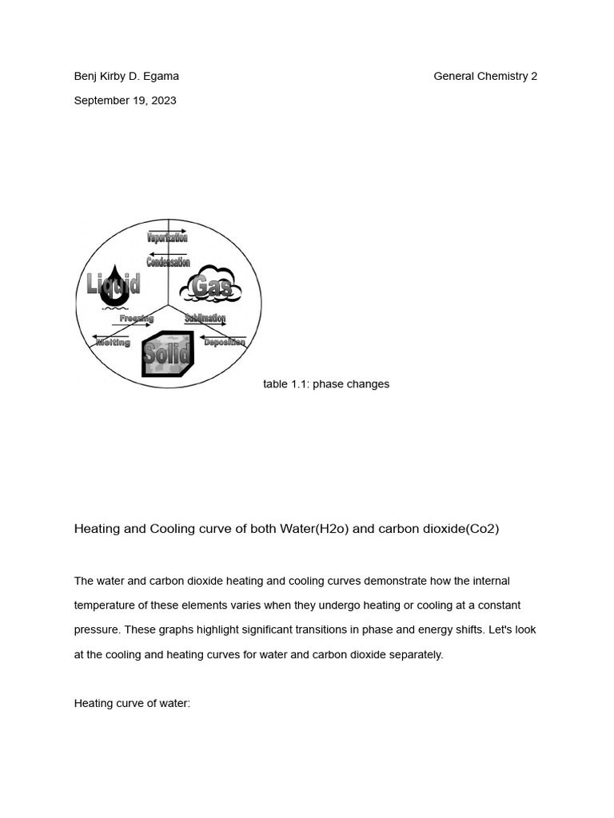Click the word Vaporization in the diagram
coord(167,238)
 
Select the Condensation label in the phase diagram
coord(168,263)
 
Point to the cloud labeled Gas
coord(211,286)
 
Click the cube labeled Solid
coord(167,352)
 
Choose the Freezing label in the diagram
coord(136,318)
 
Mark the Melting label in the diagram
coord(113,343)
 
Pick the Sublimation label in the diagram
coord(205,318)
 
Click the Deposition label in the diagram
coord(224,343)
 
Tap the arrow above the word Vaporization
coord(167,230)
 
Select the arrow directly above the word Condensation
coord(167,255)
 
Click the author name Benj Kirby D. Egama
coord(126,77)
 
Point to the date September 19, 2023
coord(126,101)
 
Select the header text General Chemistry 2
coord(485,77)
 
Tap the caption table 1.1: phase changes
coord(326,384)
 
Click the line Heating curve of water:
coord(132,704)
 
